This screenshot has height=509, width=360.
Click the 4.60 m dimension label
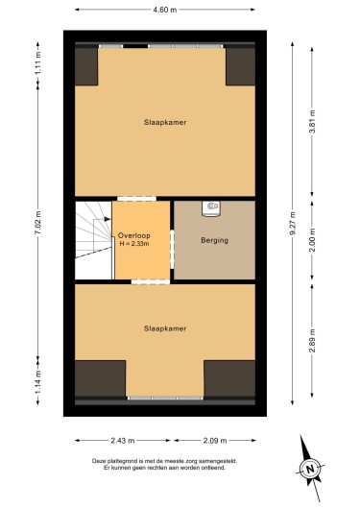coord(165,10)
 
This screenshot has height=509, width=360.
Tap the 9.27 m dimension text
coord(293,223)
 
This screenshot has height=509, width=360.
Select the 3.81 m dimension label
coord(312,122)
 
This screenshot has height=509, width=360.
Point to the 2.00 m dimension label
coord(312,240)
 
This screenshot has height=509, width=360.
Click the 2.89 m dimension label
coord(312,340)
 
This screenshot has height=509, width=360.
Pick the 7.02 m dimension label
coord(38,223)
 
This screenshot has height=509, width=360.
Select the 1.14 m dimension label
coord(38,382)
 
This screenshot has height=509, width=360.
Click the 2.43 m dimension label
coord(123,441)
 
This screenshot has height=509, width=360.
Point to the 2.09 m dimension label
coord(215,441)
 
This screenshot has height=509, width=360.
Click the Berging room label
coord(215,240)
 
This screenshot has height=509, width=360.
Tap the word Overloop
coord(134,235)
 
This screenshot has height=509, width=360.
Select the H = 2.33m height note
coord(134,244)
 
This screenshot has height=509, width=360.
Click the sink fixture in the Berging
coord(211,208)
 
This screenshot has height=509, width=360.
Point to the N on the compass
coord(310,469)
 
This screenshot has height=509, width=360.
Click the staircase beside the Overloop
coord(94,240)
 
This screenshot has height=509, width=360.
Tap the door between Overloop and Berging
coord(173,250)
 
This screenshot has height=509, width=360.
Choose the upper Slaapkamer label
coord(165,122)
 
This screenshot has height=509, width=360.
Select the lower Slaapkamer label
coord(165,328)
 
